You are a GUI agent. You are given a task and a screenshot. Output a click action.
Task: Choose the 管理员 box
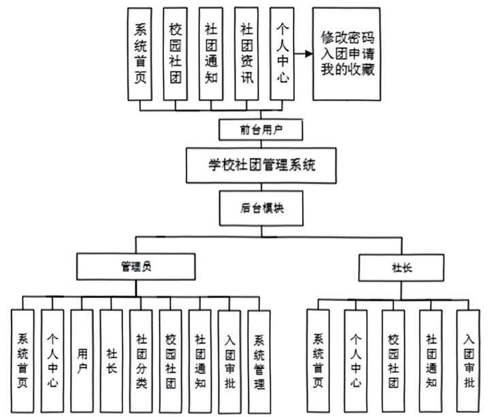137,267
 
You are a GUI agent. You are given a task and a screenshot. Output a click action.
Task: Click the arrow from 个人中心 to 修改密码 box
303,54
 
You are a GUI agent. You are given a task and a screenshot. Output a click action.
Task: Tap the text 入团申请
348,54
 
